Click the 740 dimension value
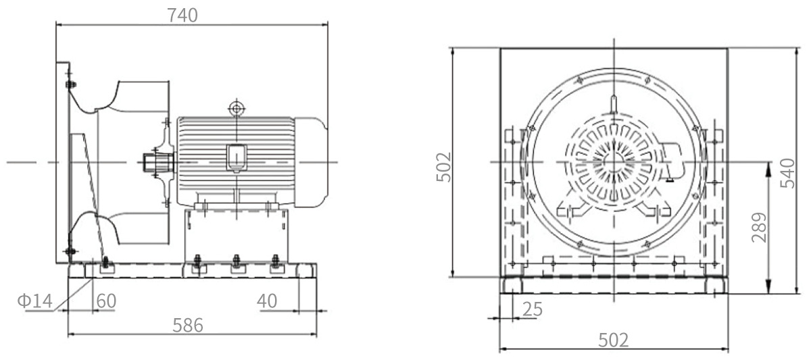(182, 15)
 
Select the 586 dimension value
(188, 326)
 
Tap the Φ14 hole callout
(35, 301)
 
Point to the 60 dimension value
(107, 301)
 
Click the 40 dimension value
(267, 301)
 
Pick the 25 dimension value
(533, 309)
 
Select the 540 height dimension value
(787, 174)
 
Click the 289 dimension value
(759, 228)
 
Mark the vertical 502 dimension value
(443, 167)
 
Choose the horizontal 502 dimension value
(614, 340)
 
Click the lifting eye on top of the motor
(237, 108)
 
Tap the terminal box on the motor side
(237, 158)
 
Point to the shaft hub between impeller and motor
(159, 163)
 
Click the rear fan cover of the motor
(312, 163)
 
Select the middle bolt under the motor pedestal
(237, 261)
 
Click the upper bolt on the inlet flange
(71, 84)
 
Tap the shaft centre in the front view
(614, 161)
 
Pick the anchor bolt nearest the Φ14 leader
(105, 262)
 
